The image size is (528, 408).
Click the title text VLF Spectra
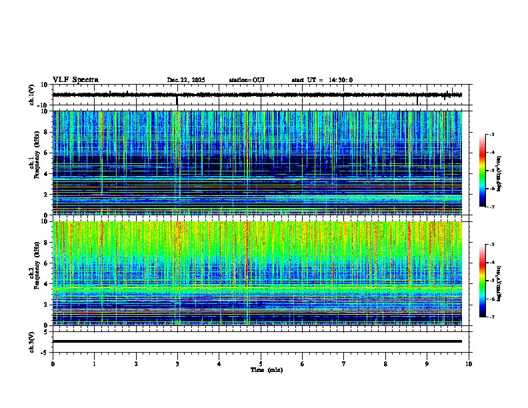(x=75, y=80)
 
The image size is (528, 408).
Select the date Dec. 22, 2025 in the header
(x=186, y=80)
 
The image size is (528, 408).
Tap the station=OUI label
(x=247, y=80)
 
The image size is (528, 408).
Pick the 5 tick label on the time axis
(x=261, y=363)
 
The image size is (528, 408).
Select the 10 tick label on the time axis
(x=469, y=363)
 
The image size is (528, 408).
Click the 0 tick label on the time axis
(x=53, y=363)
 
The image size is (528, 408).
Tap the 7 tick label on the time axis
(x=344, y=363)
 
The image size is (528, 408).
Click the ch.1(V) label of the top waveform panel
(x=31, y=95)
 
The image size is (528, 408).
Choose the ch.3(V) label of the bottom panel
(x=31, y=341)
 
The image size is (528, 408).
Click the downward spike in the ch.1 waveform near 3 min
(x=177, y=101)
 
